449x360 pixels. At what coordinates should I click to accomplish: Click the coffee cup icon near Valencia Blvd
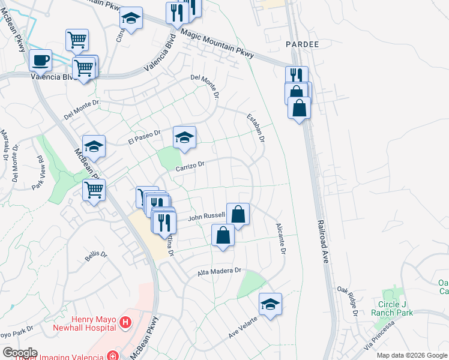(40, 60)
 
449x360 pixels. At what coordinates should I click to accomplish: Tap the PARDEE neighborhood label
(297, 45)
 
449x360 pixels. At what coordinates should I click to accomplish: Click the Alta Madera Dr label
(219, 272)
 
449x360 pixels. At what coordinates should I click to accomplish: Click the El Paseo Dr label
(145, 137)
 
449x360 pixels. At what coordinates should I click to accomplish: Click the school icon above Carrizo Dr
(185, 137)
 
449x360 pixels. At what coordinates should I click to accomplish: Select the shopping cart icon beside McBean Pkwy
(94, 190)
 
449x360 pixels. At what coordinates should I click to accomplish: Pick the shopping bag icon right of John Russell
(238, 214)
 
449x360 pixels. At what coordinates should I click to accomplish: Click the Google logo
(19, 353)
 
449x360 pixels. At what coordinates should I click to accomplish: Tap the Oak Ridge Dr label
(348, 301)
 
